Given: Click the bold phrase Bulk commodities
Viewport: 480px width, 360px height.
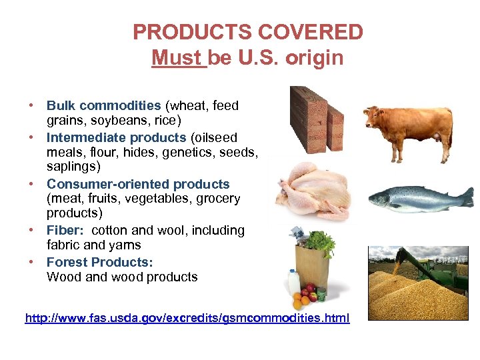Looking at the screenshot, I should pos(103,105).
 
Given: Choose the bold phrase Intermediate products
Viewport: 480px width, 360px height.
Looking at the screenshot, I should pos(116,137).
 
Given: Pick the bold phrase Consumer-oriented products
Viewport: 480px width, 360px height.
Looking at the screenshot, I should pos(138,184).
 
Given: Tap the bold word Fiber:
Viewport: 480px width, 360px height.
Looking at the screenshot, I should pos(65,230).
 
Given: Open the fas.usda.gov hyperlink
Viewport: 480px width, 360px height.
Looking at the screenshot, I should pos(187,318).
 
